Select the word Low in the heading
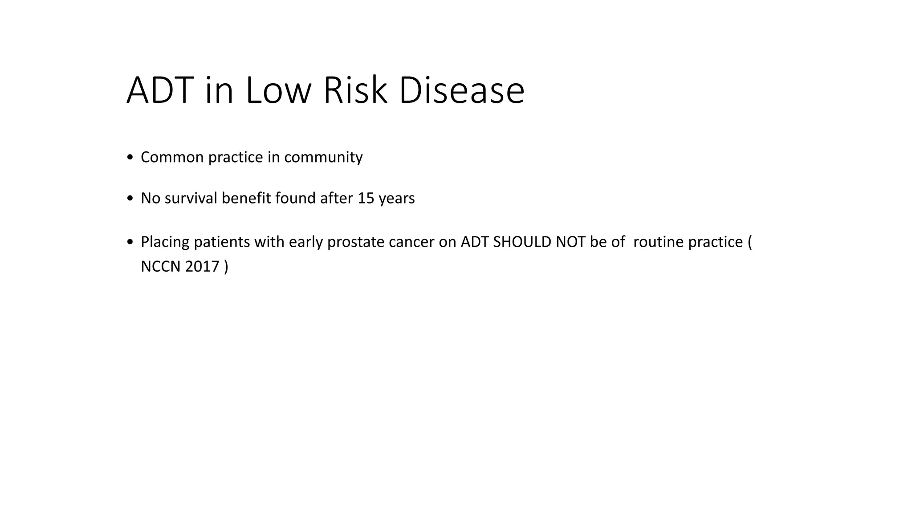pos(277,90)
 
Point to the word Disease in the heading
pos(462,90)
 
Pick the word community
pos(323,157)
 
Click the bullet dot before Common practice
pos(130,158)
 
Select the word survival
pos(191,198)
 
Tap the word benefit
pos(247,198)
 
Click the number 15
pos(366,198)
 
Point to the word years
pos(396,198)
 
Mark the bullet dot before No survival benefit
pos(130,199)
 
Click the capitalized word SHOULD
pos(523,242)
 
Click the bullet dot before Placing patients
pos(130,242)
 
